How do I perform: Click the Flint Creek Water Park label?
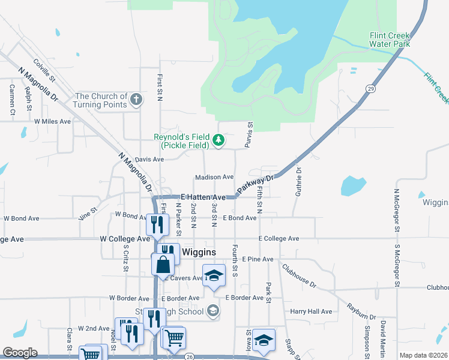pyautogui.click(x=390, y=40)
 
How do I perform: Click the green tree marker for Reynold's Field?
pyautogui.click(x=219, y=141)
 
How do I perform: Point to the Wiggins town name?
pyautogui.click(x=199, y=252)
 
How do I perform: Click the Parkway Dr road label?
pyautogui.click(x=255, y=185)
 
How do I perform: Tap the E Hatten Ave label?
pyautogui.click(x=203, y=197)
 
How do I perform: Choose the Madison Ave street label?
pyautogui.click(x=214, y=177)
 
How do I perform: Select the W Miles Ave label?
pyautogui.click(x=53, y=121)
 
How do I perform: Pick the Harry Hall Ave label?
pyautogui.click(x=311, y=311)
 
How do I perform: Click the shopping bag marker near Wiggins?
pyautogui.click(x=164, y=264)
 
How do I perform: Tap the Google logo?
pyautogui.click(x=20, y=353)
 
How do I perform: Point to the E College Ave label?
pyautogui.click(x=279, y=239)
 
